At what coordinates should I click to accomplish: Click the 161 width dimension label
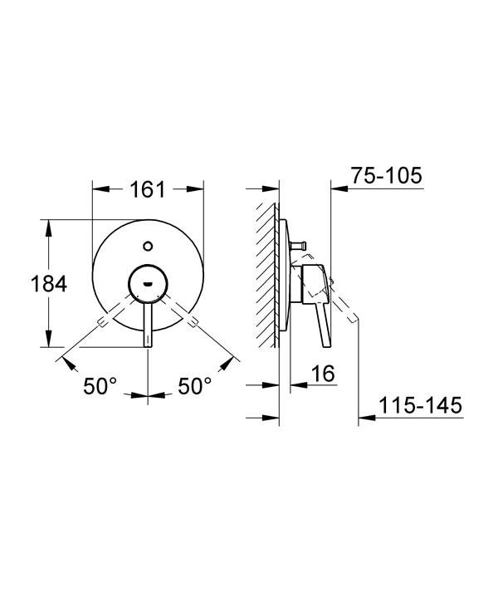tap(148, 189)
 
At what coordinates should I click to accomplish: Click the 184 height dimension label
tap(49, 283)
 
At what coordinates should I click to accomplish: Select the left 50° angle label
tap(100, 386)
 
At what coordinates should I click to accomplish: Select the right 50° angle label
tap(195, 386)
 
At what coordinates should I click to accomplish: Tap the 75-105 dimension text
tap(387, 175)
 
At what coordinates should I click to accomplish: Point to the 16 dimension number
tap(323, 374)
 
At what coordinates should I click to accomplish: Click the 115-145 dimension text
tap(420, 405)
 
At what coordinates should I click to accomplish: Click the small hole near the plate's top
tap(148, 247)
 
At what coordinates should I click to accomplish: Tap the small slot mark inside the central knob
tap(148, 282)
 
